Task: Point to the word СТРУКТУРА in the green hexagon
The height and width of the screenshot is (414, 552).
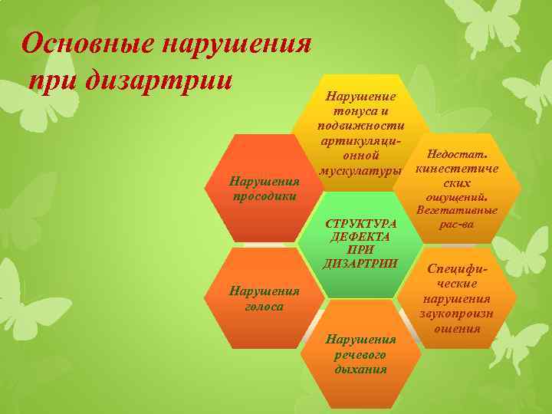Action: [362, 223]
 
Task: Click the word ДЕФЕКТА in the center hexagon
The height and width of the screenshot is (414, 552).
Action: [361, 237]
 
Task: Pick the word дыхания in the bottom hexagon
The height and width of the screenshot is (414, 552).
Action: [361, 369]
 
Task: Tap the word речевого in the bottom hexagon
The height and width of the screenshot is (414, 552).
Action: [361, 355]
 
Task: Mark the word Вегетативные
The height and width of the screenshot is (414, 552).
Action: [457, 211]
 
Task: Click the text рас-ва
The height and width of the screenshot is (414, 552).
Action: [457, 225]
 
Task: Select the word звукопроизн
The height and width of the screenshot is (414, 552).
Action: [457, 314]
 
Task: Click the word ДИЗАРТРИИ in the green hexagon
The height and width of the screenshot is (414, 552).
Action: [362, 264]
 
